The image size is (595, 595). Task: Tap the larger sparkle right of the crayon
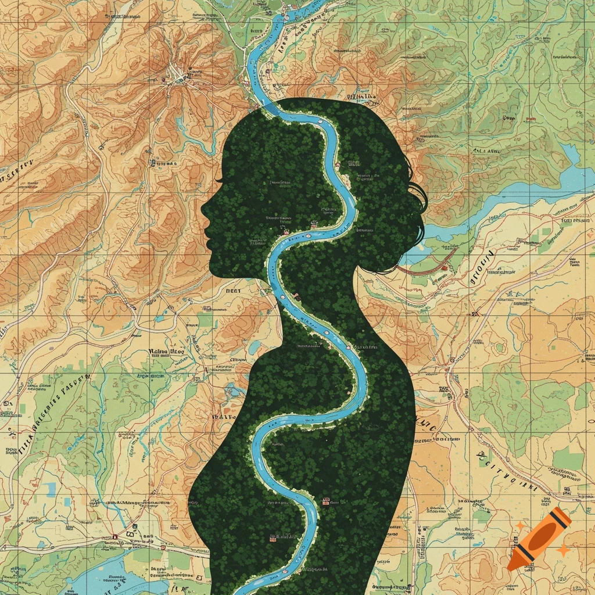coord(562,549)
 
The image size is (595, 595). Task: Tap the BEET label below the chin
coord(233,289)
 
